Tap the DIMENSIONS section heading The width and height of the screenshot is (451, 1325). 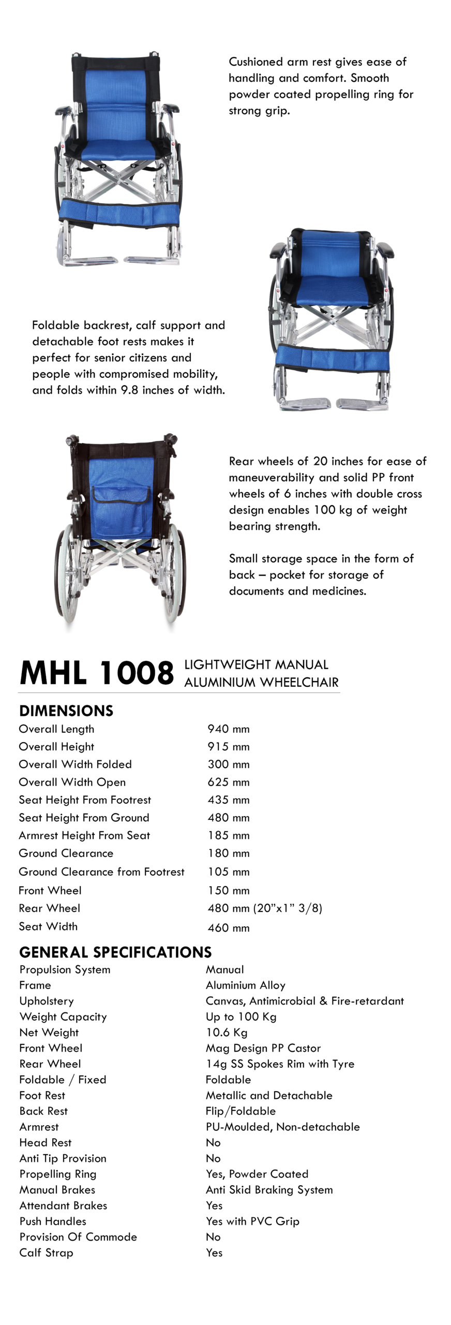66,711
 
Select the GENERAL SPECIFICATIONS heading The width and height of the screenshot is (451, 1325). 115,952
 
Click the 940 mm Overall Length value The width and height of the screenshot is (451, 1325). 228,729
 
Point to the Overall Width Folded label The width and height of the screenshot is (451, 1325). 75,764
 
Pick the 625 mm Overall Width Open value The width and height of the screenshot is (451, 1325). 228,782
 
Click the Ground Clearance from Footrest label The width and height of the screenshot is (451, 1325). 101,872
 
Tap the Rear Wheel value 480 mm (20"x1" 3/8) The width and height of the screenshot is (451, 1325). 265,908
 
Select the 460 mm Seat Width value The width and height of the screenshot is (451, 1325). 228,927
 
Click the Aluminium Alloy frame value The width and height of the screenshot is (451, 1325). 245,985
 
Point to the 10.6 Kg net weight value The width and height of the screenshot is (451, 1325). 227,1032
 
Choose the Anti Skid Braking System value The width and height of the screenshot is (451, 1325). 269,1189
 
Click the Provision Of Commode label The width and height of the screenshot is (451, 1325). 78,1236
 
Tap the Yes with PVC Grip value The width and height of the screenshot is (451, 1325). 252,1221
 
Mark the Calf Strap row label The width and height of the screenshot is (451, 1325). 46,1253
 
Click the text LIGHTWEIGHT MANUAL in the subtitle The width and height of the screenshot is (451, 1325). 256,665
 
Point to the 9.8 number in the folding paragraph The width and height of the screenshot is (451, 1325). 130,390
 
